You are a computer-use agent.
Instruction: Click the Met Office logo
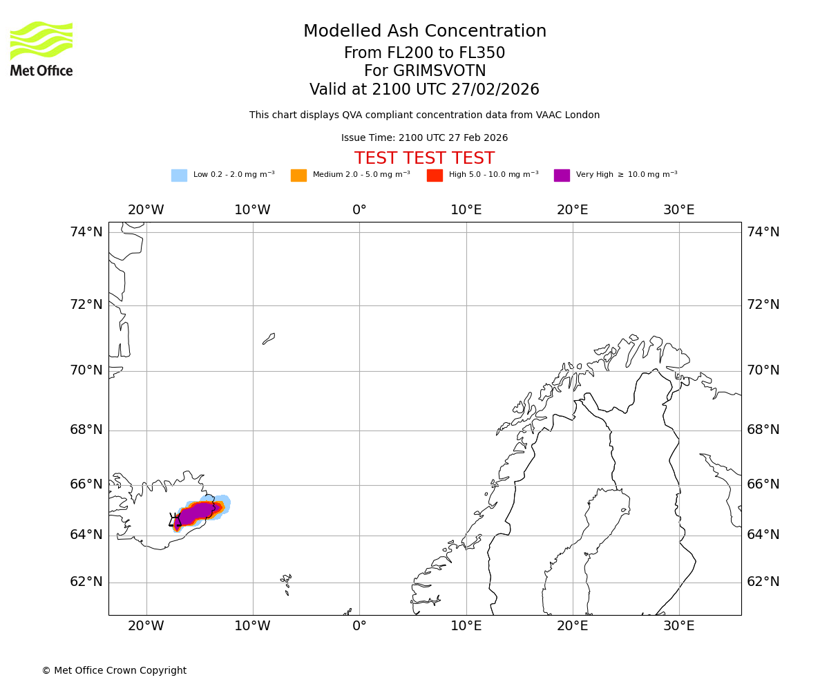[41, 48]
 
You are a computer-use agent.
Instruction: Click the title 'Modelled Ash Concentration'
[425, 32]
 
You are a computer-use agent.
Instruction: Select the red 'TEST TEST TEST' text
[424, 159]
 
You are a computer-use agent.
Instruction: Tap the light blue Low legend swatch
[179, 176]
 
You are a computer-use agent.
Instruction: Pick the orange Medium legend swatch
[298, 176]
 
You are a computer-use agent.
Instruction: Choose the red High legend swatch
[435, 176]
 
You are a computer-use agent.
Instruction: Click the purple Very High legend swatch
[562, 176]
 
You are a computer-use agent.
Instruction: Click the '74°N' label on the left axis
[86, 232]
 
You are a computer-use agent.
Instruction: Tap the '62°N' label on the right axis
[763, 582]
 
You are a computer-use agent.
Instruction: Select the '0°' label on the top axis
[359, 210]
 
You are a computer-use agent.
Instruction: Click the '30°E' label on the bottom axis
[679, 626]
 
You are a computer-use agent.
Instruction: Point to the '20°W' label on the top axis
[146, 210]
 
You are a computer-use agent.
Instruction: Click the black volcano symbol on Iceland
[174, 520]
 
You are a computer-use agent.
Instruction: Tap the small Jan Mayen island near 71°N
[269, 339]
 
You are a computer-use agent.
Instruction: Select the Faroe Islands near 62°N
[286, 581]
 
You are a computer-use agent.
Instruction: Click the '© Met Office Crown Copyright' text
[114, 671]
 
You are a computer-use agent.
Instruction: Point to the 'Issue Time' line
[424, 138]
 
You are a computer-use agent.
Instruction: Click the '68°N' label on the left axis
[86, 430]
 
